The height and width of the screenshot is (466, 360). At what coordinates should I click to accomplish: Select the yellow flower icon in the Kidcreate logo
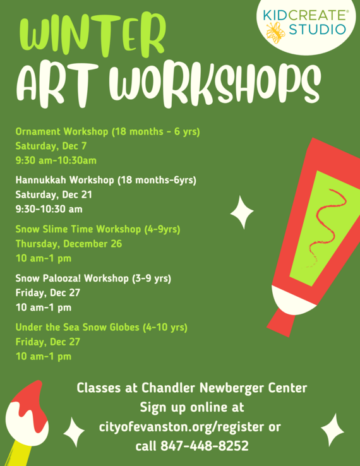click(276, 30)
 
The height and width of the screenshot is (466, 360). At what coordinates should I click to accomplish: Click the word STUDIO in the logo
click(317, 29)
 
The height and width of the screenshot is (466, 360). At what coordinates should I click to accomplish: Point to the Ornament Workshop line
click(107, 132)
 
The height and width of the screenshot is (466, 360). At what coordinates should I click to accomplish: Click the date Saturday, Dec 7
click(51, 146)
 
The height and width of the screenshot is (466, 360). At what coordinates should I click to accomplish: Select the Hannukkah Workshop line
click(105, 180)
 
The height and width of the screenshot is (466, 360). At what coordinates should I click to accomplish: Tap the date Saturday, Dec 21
click(54, 194)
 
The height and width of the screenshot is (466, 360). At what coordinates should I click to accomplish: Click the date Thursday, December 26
click(68, 243)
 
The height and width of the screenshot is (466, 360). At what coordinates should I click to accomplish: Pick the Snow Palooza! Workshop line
click(93, 278)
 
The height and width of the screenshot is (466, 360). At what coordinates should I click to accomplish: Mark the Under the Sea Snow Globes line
click(101, 327)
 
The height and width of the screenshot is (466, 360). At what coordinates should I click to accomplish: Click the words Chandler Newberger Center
click(224, 387)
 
